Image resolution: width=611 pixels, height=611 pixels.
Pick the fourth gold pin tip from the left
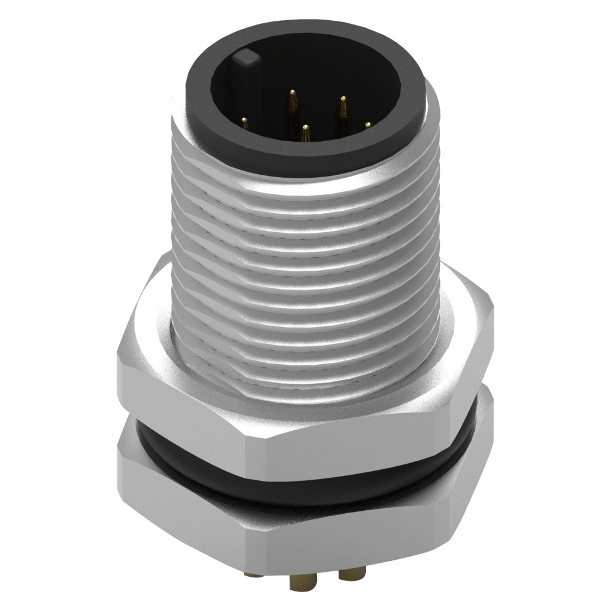point(343,98)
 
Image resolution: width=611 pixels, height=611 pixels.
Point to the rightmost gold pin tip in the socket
point(368,124)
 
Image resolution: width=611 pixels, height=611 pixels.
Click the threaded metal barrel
point(305,257)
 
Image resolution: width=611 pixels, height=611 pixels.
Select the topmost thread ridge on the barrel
point(305,177)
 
